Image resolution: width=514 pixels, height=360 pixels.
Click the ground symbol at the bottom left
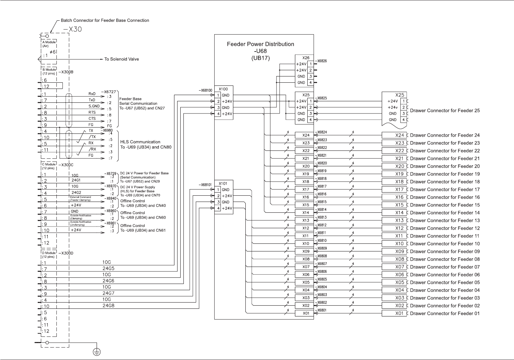pos(97,352)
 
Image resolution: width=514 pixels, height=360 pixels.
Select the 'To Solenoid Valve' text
pos(121,59)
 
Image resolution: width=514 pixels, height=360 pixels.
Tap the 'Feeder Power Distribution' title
pos(260,44)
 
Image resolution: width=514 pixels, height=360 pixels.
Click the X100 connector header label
pos(223,89)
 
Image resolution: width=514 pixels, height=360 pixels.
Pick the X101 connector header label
pos(223,183)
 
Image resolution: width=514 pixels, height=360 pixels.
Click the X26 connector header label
pos(306,58)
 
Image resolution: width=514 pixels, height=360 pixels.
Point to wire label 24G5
pos(108,268)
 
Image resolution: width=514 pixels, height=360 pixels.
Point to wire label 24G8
pos(108,306)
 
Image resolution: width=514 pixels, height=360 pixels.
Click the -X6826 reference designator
pos(321,61)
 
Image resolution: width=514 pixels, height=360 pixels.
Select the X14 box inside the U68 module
pos(306,213)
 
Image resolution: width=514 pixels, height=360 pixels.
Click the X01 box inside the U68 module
pos(306,313)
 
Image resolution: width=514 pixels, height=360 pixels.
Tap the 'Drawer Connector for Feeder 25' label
pos(445,111)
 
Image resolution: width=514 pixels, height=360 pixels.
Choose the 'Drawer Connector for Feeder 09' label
pos(445,251)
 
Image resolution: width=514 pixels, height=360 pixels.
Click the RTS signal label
pos(92,112)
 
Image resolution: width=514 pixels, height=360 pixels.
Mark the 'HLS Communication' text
pos(140,142)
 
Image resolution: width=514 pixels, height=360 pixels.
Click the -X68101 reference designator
pos(205,185)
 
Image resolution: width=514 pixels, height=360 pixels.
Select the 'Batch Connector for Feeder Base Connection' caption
pos(105,20)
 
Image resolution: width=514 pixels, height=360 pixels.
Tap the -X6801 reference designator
pos(321,310)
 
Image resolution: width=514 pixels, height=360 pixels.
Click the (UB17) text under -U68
pos(260,58)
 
